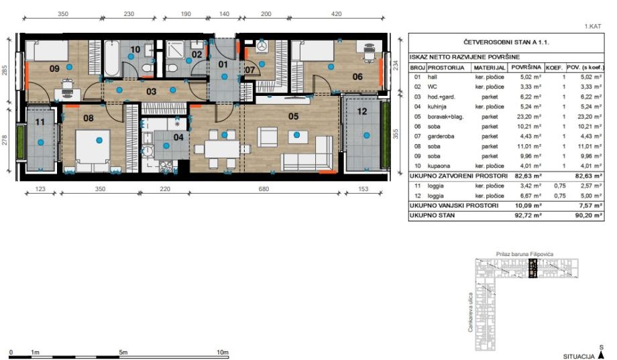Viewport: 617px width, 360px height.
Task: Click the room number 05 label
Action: point(293,116)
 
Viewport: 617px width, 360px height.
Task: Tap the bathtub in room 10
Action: point(112,59)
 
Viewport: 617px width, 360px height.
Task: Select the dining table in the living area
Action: point(223,149)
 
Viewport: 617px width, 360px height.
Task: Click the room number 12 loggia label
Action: point(362,112)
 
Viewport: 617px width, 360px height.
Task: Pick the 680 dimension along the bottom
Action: point(264,189)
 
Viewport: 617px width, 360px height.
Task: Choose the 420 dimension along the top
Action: point(337,14)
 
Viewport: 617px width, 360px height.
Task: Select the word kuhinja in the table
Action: point(437,107)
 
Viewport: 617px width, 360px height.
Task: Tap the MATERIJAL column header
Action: point(489,68)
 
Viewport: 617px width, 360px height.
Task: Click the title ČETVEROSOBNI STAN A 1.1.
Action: point(506,42)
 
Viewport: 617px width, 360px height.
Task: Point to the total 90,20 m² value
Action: point(588,215)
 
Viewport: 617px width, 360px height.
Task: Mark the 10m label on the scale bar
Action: point(223,352)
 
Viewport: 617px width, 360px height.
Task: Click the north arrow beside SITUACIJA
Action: point(601,355)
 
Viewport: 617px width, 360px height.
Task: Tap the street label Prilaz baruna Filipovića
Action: point(524,254)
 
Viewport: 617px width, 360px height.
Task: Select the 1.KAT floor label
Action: point(593,26)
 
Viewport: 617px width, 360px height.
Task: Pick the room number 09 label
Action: point(54,68)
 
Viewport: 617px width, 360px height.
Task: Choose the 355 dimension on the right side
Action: point(396,134)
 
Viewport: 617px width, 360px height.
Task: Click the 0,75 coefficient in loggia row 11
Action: point(559,186)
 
